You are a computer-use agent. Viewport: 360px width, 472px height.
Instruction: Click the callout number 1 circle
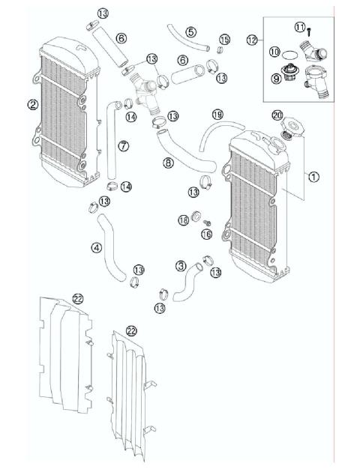(313, 177)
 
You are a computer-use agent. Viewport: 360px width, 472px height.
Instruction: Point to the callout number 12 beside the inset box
(250, 37)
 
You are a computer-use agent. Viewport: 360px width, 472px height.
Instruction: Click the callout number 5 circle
(191, 32)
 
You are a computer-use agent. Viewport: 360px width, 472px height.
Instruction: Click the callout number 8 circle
(168, 161)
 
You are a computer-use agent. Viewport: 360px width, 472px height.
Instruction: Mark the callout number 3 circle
(181, 265)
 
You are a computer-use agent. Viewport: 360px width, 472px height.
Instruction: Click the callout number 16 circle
(207, 235)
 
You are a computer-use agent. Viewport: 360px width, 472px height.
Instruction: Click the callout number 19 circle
(217, 115)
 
